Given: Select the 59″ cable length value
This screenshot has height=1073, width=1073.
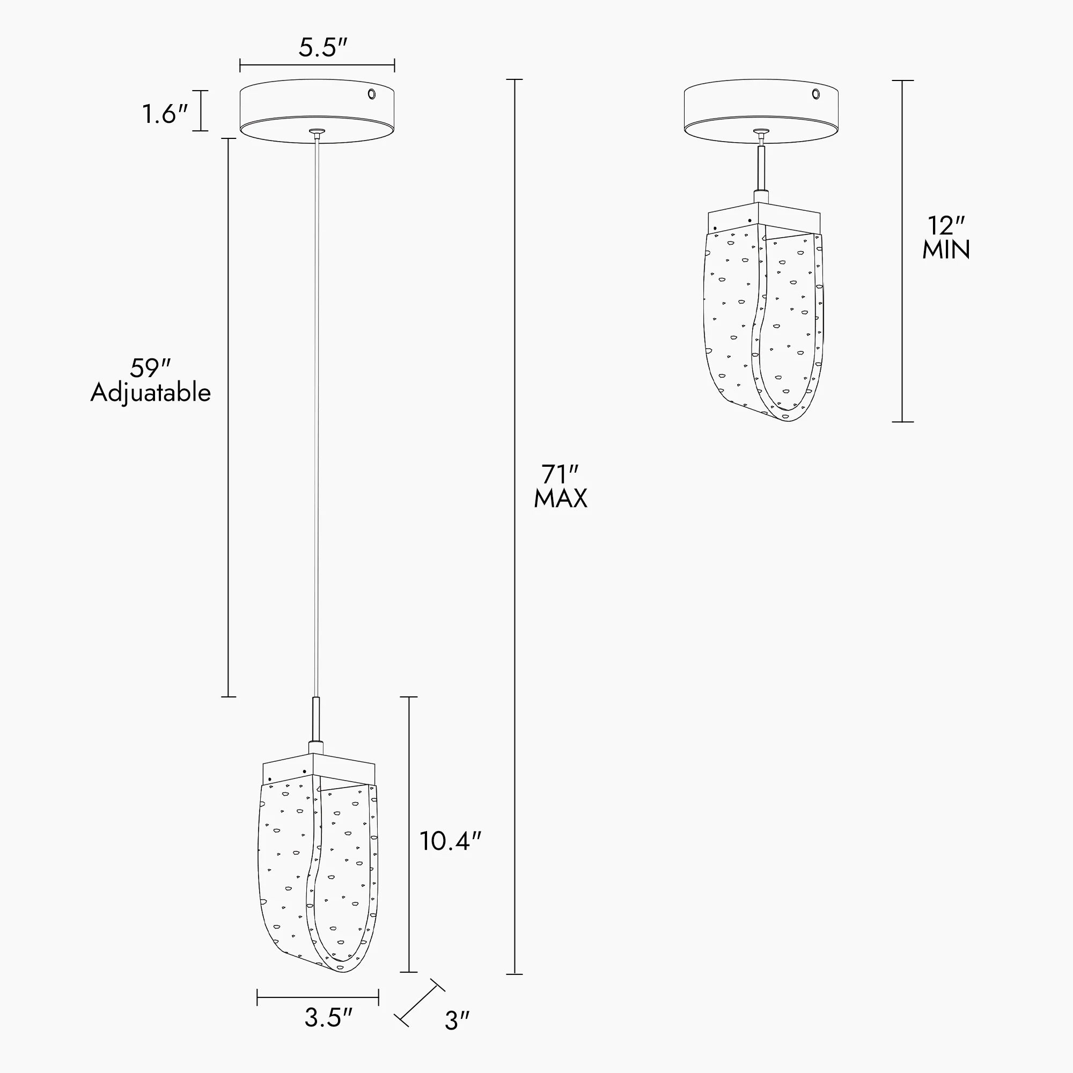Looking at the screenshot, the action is (150, 368).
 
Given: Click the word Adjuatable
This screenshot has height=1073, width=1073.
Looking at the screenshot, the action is (151, 393).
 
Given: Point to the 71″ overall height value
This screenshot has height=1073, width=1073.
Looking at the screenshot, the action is (560, 474).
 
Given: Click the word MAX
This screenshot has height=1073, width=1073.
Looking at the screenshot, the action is (561, 498).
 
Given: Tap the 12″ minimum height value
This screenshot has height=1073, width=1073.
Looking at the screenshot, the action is (946, 225).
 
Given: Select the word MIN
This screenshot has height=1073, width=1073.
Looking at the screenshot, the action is (946, 249).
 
